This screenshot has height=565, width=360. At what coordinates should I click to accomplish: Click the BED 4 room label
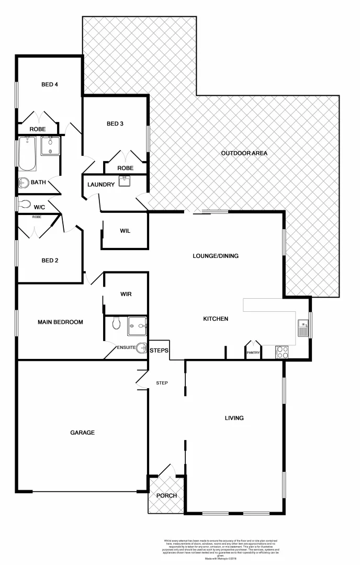tap(50, 84)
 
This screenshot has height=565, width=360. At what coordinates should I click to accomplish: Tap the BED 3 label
tap(115, 124)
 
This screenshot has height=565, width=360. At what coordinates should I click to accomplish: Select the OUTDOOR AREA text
tap(244, 153)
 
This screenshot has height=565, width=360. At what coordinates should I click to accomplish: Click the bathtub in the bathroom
tap(27, 154)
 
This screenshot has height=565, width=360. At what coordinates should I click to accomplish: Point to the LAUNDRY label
tap(101, 185)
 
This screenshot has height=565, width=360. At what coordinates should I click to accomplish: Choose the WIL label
tap(125, 231)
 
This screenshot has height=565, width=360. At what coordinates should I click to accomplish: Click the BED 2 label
tap(50, 260)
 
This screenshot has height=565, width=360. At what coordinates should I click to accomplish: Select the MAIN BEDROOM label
tap(60, 322)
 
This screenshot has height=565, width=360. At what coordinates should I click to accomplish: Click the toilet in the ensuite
tap(116, 324)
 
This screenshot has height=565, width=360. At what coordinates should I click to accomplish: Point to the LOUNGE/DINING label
tap(216, 256)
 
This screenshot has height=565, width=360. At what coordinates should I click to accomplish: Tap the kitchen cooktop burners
tap(282, 352)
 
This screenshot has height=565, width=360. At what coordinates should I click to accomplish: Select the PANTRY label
tap(253, 353)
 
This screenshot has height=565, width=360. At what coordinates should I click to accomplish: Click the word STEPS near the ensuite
tap(159, 351)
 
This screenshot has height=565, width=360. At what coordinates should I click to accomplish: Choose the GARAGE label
tap(82, 433)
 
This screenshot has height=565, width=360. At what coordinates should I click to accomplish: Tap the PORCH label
tap(166, 496)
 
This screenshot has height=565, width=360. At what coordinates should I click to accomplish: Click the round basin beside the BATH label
tap(23, 183)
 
